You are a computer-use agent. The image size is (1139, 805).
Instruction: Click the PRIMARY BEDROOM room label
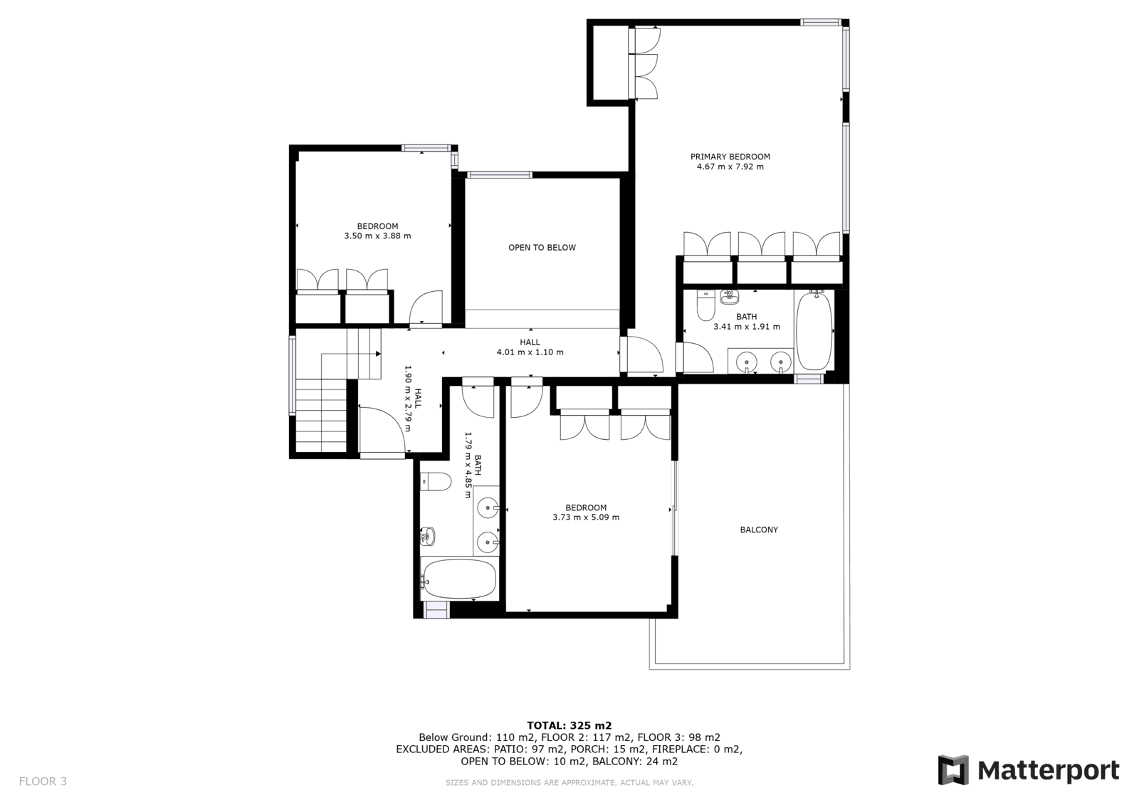coord(730,157)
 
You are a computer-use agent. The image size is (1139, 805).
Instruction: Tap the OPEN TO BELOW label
coord(542,248)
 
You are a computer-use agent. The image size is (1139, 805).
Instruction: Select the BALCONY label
coord(759,530)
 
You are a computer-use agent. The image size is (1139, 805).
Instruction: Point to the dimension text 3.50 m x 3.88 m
coord(377,236)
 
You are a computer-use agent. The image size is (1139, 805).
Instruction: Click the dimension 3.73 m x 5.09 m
coord(586,517)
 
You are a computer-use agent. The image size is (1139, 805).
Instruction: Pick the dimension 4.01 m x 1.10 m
coord(530,352)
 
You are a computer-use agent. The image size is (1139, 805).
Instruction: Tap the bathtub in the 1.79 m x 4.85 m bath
coord(458,579)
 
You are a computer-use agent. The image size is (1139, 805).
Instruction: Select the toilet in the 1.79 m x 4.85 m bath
coord(436,482)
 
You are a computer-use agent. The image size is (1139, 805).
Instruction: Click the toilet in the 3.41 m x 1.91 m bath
coord(705,305)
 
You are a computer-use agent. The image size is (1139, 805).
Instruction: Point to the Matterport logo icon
coord(953,770)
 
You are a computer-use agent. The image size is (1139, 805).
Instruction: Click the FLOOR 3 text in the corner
coord(43,782)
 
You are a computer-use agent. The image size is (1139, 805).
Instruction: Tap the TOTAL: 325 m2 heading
coord(569,726)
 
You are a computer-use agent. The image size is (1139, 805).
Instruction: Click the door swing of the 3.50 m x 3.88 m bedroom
coord(426,307)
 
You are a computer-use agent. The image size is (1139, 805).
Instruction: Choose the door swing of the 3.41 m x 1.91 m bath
coord(698,357)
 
